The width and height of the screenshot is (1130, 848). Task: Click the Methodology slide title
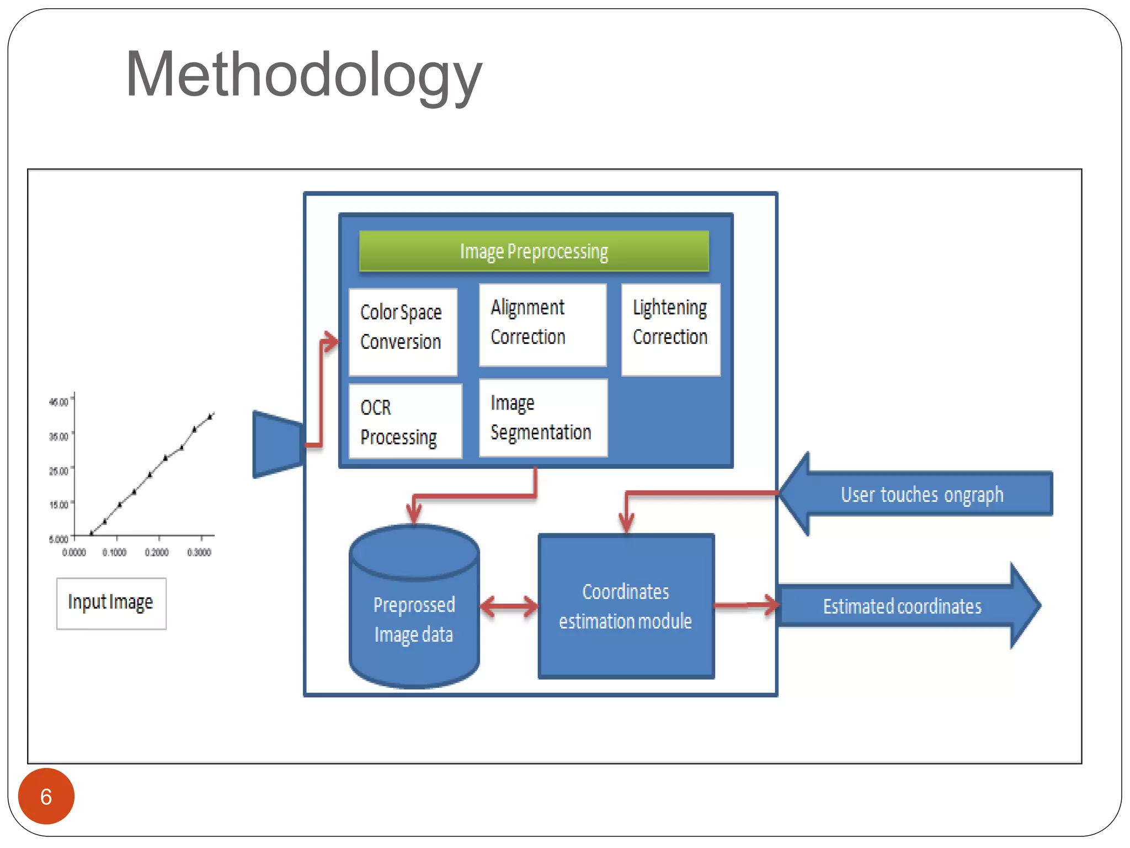(303, 75)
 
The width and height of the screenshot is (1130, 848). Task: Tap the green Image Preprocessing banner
(534, 251)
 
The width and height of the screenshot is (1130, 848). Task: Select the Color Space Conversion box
(403, 331)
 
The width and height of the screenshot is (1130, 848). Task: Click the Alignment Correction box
(542, 325)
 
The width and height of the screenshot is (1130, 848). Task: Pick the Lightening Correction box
(670, 329)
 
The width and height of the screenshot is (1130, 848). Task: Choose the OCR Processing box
(405, 421)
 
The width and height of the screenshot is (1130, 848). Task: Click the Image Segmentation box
(543, 418)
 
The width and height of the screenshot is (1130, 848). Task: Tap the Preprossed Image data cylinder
(414, 613)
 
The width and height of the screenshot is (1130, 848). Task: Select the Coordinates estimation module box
(626, 606)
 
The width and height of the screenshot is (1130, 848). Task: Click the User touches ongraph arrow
(921, 494)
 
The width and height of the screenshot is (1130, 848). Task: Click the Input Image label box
(111, 603)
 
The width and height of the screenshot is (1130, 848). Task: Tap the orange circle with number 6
(46, 796)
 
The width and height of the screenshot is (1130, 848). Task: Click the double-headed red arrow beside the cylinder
(509, 606)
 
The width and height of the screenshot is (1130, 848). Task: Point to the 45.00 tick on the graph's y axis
(59, 402)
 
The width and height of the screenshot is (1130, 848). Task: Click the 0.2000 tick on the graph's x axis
(157, 552)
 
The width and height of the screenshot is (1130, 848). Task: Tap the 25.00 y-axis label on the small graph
(59, 471)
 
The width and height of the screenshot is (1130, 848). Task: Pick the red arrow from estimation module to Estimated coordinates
(746, 605)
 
